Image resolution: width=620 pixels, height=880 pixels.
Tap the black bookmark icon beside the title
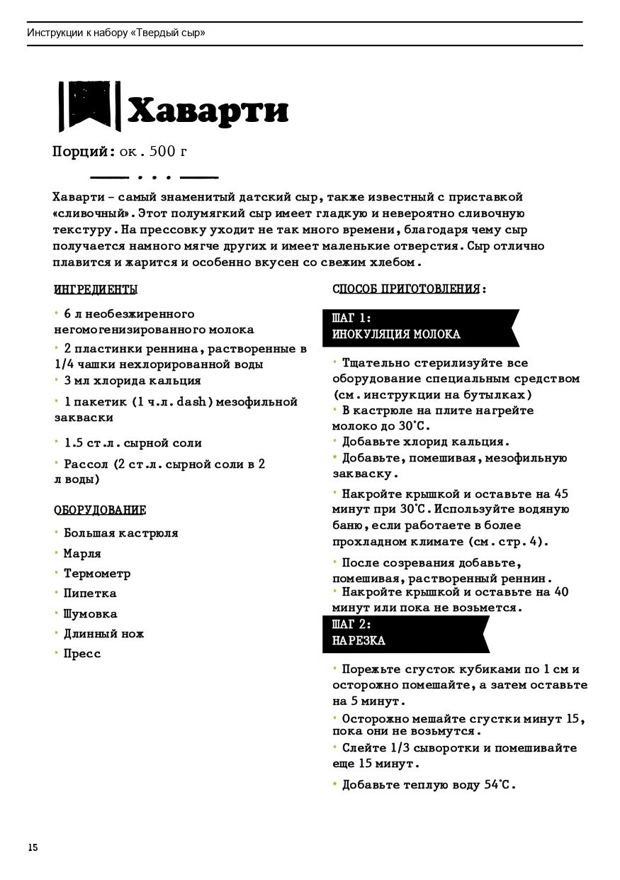[89, 106]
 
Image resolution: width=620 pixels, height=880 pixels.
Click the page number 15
[33, 847]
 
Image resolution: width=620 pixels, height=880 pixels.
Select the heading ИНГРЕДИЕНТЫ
[96, 289]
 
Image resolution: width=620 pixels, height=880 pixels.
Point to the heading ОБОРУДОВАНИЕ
[100, 510]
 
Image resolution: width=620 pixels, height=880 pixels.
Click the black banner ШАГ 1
[418, 326]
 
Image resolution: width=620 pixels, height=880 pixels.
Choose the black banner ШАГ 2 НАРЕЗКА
[404, 633]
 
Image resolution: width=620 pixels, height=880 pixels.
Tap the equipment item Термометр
[97, 573]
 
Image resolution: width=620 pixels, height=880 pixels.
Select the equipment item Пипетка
[90, 593]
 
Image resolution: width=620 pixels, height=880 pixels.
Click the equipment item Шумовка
[90, 613]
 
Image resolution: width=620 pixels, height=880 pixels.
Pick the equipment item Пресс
[82, 653]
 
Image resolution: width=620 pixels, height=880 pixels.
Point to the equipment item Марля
[82, 553]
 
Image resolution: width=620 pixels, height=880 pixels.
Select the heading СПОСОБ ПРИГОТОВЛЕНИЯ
[410, 289]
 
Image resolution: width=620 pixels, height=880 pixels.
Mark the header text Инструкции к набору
[78, 33]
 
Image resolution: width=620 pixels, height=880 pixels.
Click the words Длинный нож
[103, 633]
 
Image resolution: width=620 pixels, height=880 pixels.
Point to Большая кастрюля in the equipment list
[120, 533]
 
